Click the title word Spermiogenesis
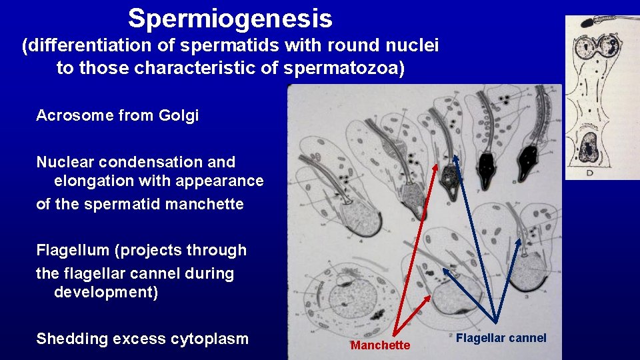click(230, 18)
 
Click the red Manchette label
click(380, 345)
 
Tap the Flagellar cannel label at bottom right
click(501, 338)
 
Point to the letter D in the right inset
click(589, 173)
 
